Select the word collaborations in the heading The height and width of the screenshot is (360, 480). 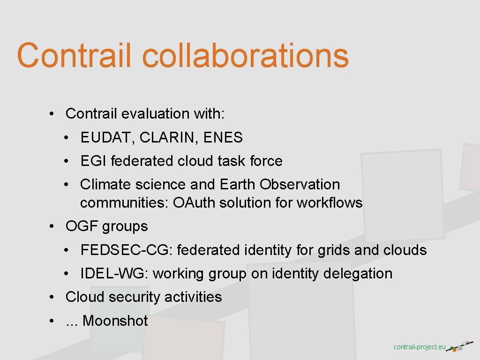[245, 55]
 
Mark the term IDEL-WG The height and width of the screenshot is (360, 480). [113, 274]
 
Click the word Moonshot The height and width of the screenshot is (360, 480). [115, 321]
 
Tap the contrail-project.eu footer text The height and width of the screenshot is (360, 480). [420, 347]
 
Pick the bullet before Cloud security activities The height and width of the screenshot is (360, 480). [53, 297]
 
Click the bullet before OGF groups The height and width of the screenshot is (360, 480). [53, 226]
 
